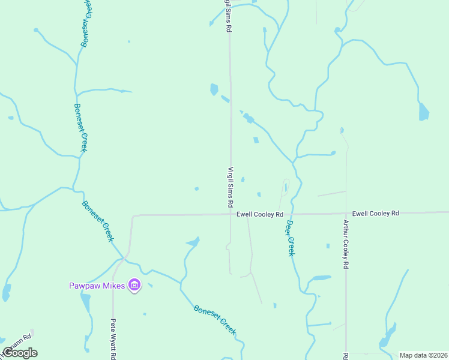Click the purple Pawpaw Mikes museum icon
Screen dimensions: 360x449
[x=134, y=285]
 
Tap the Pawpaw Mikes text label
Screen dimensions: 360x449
[x=96, y=286]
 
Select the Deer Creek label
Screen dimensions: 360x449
[x=291, y=238]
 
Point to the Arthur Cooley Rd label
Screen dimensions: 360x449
[x=346, y=244]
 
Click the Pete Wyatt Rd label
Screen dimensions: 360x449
[x=113, y=338]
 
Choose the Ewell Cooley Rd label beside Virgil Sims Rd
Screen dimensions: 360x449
[x=259, y=214]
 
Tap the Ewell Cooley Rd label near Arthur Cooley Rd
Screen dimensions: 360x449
[x=376, y=213]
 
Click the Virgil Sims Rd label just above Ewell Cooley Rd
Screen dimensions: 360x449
[x=231, y=187]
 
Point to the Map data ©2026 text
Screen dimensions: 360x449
[x=423, y=355]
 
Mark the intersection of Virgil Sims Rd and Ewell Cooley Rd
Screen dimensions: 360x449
[x=231, y=214]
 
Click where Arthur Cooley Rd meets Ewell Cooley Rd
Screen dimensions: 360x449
[x=346, y=213]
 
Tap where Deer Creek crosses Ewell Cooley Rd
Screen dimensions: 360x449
[x=290, y=214]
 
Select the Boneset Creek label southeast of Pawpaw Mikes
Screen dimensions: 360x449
[x=215, y=320]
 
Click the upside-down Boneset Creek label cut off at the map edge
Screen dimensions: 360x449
[x=86, y=23]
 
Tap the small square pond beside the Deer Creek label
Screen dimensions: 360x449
[x=328, y=245]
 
